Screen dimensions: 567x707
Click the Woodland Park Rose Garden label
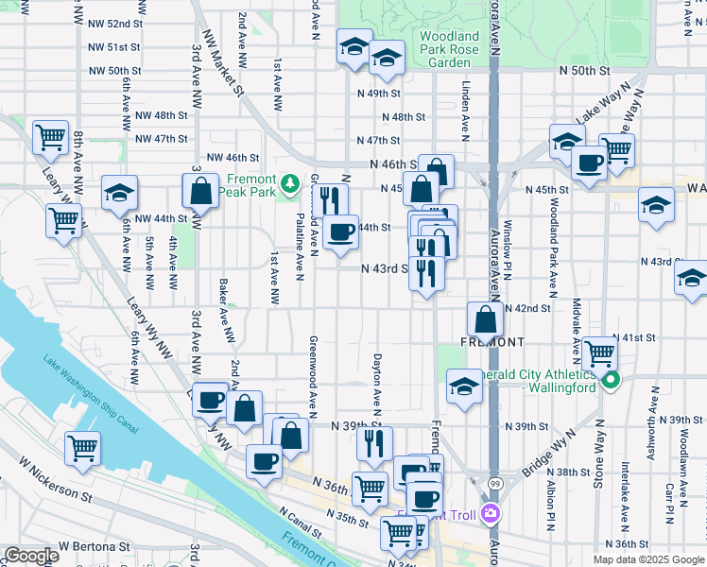pos(449,49)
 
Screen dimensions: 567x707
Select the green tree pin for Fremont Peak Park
pos(292,180)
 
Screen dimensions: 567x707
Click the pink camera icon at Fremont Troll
pos(490,514)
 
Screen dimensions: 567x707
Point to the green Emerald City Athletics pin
pos(611,381)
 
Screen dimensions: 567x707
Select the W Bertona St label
pos(94,546)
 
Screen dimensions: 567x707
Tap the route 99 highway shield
pos(491,485)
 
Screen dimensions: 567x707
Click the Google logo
pos(31,556)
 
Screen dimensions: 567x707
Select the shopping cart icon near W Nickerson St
pos(82,449)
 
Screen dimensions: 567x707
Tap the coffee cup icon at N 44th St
pos(340,230)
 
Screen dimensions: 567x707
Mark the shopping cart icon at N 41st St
pos(599,354)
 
